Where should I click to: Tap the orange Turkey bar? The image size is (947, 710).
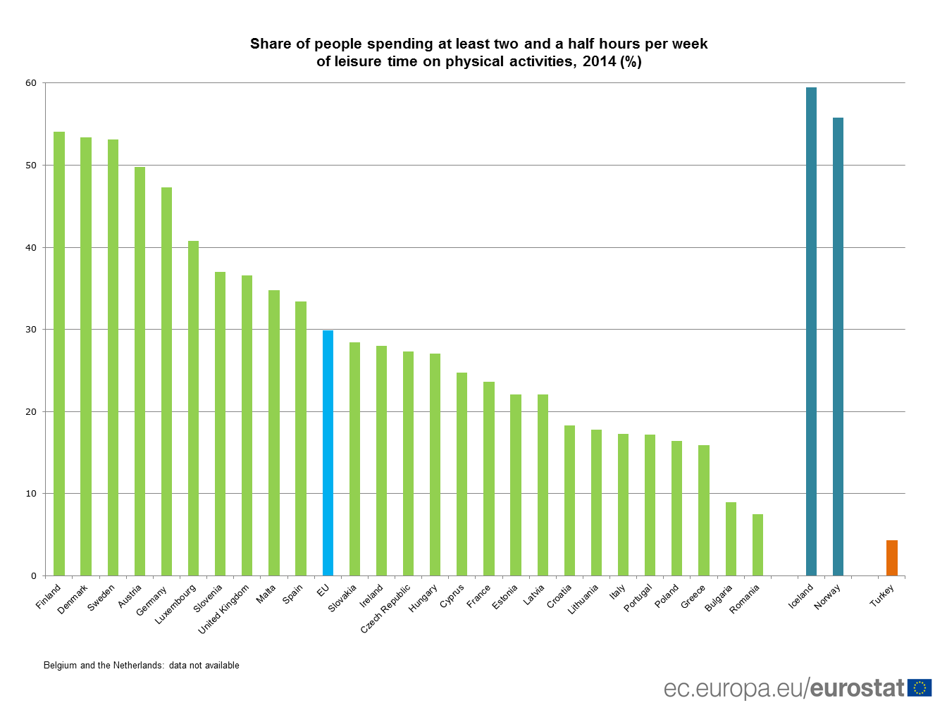pos(892,558)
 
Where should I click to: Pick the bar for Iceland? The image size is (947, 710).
pos(811,331)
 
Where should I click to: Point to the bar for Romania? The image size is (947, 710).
pos(757,545)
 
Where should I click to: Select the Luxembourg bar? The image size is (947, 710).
pos(193,409)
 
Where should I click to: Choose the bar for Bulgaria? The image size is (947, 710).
pos(731,539)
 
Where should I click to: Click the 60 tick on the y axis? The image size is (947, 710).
pos(31,83)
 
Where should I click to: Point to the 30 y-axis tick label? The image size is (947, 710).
pos(31,330)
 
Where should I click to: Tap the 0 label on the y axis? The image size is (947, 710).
pos(34,576)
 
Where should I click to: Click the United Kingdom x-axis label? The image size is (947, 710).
pos(224,609)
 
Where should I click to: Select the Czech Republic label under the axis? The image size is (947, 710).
pos(385,609)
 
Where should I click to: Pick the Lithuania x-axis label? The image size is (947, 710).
pos(583,599)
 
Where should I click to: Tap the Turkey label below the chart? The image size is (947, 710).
pos(882,596)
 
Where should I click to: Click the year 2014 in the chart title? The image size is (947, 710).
pos(599,62)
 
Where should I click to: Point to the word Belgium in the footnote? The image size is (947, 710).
pos(60,666)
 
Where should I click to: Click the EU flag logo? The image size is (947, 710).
pos(920,688)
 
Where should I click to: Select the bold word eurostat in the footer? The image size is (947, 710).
pos(858,688)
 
